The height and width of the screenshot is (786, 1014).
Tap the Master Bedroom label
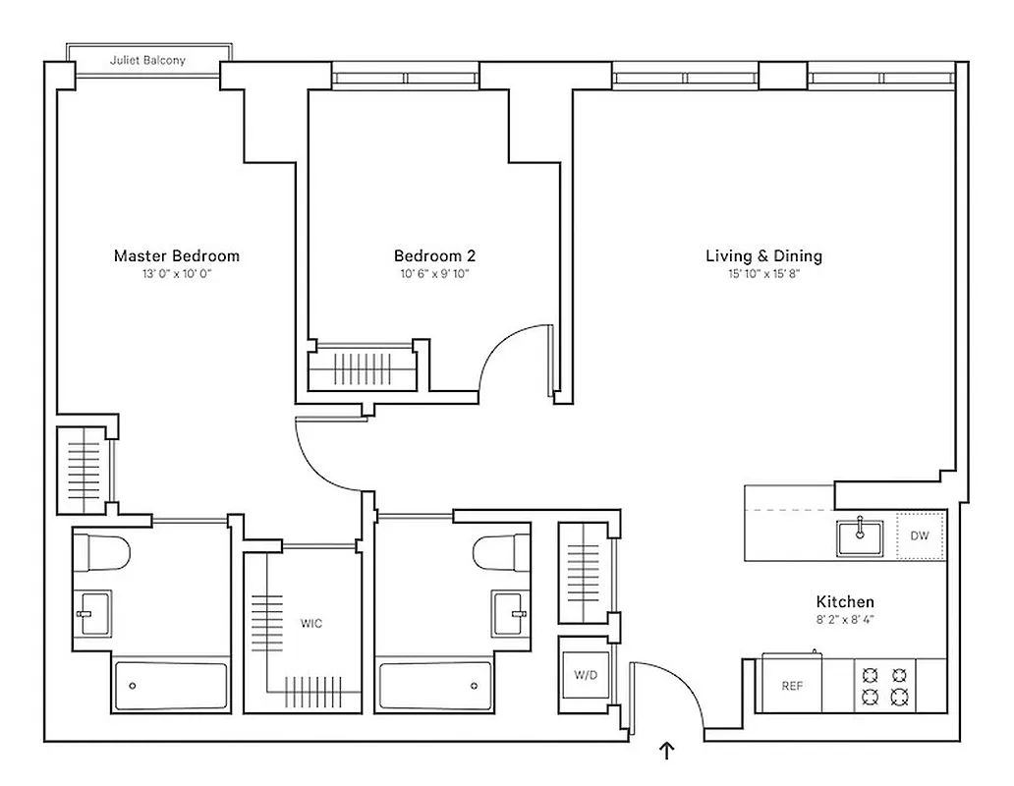[x=177, y=256]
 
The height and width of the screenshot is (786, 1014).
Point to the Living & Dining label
[x=763, y=256]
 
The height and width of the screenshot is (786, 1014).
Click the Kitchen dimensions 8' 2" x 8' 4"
[x=845, y=620]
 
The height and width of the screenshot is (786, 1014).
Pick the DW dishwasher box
[x=920, y=536]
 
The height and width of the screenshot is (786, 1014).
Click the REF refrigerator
[x=792, y=686]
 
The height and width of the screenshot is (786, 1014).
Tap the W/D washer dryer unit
[x=587, y=676]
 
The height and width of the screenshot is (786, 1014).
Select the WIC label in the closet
[x=311, y=623]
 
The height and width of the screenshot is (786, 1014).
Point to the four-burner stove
[x=883, y=686]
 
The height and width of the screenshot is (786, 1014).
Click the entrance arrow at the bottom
[x=667, y=752]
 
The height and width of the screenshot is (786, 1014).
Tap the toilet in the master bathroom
[x=103, y=552]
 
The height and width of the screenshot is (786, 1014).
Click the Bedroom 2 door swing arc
[x=513, y=354]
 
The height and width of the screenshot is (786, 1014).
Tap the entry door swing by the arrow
[x=668, y=688]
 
